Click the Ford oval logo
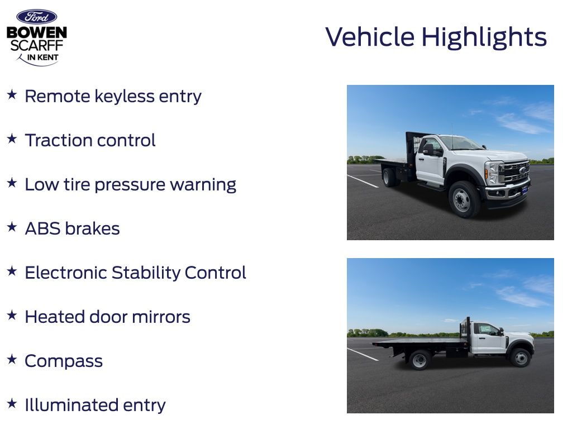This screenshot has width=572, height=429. [x=36, y=17]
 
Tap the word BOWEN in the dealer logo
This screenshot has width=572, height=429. [x=36, y=32]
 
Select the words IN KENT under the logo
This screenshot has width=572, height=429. [x=42, y=58]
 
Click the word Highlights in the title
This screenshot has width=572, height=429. [x=484, y=37]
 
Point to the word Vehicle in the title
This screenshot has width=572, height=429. [x=370, y=37]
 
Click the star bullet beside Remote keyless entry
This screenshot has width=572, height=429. [x=12, y=95]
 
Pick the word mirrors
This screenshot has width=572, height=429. [x=161, y=317]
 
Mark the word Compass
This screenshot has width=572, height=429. [x=64, y=361]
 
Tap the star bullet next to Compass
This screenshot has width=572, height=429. [x=12, y=359]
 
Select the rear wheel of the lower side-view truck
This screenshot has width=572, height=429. [x=420, y=360]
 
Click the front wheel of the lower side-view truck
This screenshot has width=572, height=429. [x=521, y=358]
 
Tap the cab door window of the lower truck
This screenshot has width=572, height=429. [x=487, y=330]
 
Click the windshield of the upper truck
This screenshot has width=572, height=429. [x=461, y=142]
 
